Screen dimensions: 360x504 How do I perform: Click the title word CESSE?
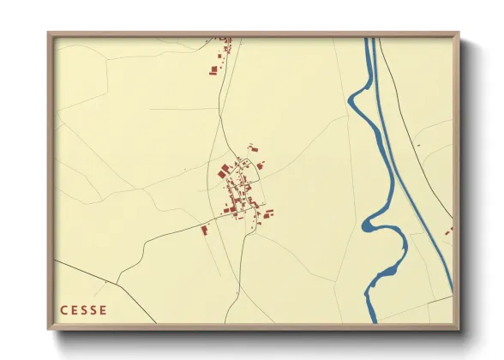[x=83, y=310]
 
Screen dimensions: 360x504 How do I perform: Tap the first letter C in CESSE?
[x=63, y=310]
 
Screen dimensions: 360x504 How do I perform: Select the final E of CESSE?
[x=104, y=310]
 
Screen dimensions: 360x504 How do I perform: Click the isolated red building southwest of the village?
[x=205, y=229]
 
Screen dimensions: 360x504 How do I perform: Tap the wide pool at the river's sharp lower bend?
[x=370, y=225]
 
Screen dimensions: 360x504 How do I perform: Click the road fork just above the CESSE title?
[x=117, y=282]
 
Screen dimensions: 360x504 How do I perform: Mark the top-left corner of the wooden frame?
[x=48, y=33]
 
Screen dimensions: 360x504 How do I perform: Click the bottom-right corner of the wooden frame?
[x=459, y=329]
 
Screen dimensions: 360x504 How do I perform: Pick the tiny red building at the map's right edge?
[x=447, y=231]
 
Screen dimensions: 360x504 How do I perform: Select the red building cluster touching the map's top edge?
[x=225, y=40]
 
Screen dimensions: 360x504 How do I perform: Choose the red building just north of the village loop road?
[x=253, y=147]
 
